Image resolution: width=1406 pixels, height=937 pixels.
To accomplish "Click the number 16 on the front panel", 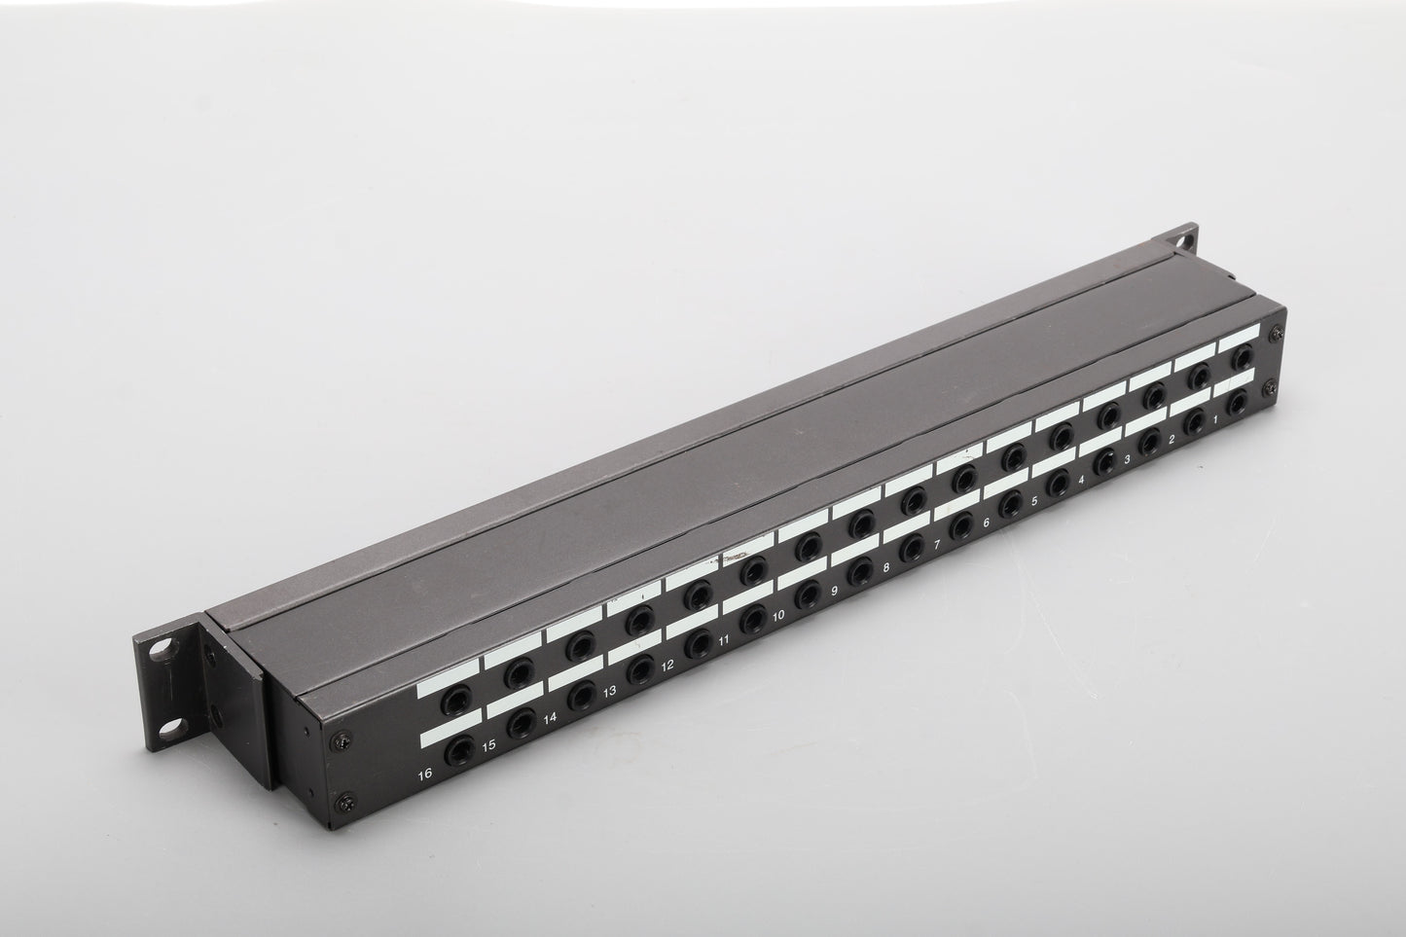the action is coord(425,774).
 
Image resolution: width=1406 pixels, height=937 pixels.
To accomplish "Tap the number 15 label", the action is coord(488,745).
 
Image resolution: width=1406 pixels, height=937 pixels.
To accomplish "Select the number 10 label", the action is coord(778,616).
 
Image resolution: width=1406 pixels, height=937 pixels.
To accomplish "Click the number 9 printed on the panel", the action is coord(834,591).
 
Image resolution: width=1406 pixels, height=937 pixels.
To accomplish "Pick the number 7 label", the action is coord(937,545).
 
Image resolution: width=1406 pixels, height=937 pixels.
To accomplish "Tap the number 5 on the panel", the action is coord(1034,501).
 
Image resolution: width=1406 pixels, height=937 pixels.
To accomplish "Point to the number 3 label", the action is coord(1127,459).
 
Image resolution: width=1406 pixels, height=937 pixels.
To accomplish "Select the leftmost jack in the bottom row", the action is coord(459,751).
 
